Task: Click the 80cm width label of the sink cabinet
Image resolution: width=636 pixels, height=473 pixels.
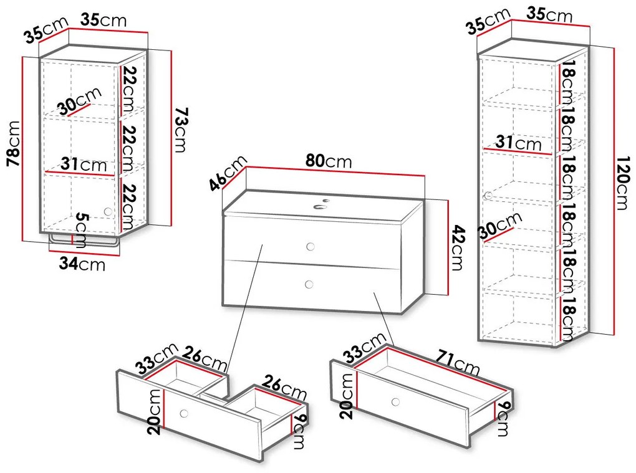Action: tap(329, 161)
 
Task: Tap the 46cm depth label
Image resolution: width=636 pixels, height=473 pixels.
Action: tap(228, 173)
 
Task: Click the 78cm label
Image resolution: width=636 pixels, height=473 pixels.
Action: tap(14, 143)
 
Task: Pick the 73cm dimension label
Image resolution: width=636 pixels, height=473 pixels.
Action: tap(181, 130)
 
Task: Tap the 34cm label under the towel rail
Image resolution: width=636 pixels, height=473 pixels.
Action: tap(82, 264)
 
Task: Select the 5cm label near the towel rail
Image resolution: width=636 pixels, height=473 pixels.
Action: tap(82, 230)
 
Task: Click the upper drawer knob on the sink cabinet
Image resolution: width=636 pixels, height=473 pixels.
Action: tap(311, 246)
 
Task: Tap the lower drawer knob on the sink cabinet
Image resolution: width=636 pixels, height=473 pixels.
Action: tap(309, 284)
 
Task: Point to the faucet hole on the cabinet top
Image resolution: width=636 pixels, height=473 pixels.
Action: tap(321, 207)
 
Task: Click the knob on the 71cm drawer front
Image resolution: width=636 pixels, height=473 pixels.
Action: tap(395, 402)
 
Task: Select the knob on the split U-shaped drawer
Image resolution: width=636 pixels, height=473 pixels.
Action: tap(184, 414)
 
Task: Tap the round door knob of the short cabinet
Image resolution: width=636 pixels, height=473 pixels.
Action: tap(108, 212)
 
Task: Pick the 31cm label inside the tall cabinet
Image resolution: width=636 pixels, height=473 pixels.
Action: tap(518, 143)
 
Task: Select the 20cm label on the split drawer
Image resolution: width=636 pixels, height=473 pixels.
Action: tap(156, 412)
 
